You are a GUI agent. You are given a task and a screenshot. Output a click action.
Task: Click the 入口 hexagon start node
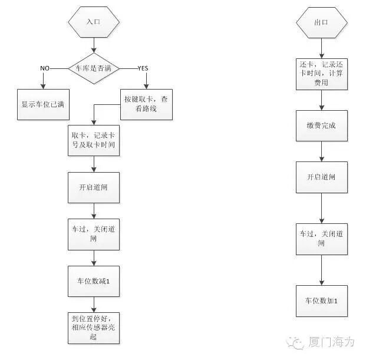point(94,22)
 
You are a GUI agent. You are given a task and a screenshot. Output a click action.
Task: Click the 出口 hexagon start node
point(321,22)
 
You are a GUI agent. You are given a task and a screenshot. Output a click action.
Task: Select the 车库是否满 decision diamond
point(94,68)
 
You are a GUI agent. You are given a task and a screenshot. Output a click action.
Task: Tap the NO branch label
point(45,68)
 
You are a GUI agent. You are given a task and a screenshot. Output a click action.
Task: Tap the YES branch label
point(142,68)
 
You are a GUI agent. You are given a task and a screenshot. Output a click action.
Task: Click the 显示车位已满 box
point(42,104)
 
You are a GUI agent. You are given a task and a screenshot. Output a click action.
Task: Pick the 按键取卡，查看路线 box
point(147,104)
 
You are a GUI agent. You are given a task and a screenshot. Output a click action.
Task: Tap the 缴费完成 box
point(321,126)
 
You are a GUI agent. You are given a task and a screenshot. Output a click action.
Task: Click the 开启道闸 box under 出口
point(321,176)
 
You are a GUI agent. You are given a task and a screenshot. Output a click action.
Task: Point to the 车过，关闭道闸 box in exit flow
point(321,237)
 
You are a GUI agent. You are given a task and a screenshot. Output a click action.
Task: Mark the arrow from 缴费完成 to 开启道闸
point(321,150)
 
